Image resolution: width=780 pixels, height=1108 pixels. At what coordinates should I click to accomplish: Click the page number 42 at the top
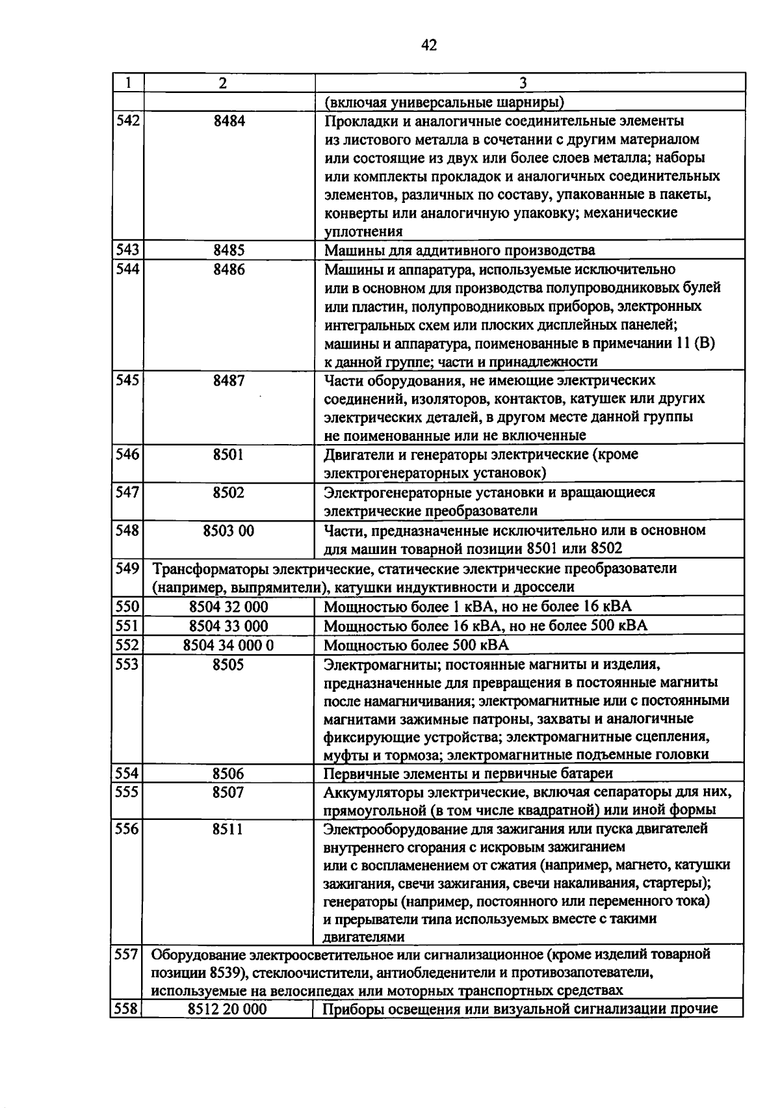(429, 45)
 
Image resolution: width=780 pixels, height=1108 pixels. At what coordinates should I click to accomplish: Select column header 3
(523, 83)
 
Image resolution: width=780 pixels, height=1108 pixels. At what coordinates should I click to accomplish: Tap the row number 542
(127, 121)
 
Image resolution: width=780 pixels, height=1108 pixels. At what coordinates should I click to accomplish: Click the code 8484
(229, 121)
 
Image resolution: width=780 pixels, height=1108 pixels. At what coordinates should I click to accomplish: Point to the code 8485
(229, 250)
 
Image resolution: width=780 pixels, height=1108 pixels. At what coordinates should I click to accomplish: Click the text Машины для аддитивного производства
(459, 250)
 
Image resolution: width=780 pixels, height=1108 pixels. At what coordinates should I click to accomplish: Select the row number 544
(127, 269)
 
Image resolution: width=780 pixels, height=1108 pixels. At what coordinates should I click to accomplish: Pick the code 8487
(229, 380)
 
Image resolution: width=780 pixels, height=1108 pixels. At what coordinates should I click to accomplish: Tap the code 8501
(229, 455)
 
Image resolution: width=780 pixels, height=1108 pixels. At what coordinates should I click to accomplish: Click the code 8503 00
(229, 531)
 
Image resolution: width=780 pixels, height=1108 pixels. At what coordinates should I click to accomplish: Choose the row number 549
(127, 569)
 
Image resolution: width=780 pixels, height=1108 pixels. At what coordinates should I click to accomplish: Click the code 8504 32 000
(229, 607)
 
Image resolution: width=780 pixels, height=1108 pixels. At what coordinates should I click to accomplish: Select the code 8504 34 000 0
(229, 646)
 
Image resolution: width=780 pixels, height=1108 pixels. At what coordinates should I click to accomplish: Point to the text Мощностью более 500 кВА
(416, 646)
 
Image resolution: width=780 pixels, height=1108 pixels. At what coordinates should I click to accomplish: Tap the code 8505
(229, 665)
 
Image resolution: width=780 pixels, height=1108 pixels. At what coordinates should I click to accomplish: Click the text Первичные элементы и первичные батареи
(468, 774)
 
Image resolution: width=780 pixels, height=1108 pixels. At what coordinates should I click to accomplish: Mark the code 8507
(229, 792)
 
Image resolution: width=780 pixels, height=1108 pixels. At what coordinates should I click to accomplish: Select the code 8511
(229, 829)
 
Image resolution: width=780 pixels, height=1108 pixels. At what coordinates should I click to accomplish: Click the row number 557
(127, 955)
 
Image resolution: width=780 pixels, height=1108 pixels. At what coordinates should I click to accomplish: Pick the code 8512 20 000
(227, 1009)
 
